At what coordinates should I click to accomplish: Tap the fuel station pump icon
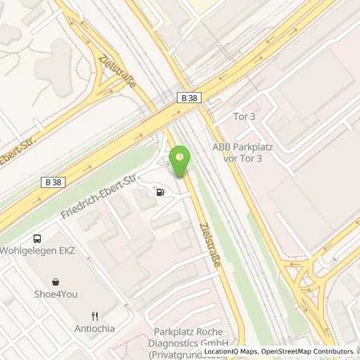tap(162, 192)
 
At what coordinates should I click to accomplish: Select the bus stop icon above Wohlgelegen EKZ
tap(37, 238)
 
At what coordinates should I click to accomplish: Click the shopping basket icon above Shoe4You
tap(56, 282)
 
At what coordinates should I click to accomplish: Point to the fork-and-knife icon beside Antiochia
tap(94, 316)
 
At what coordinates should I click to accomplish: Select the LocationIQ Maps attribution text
tap(230, 351)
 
